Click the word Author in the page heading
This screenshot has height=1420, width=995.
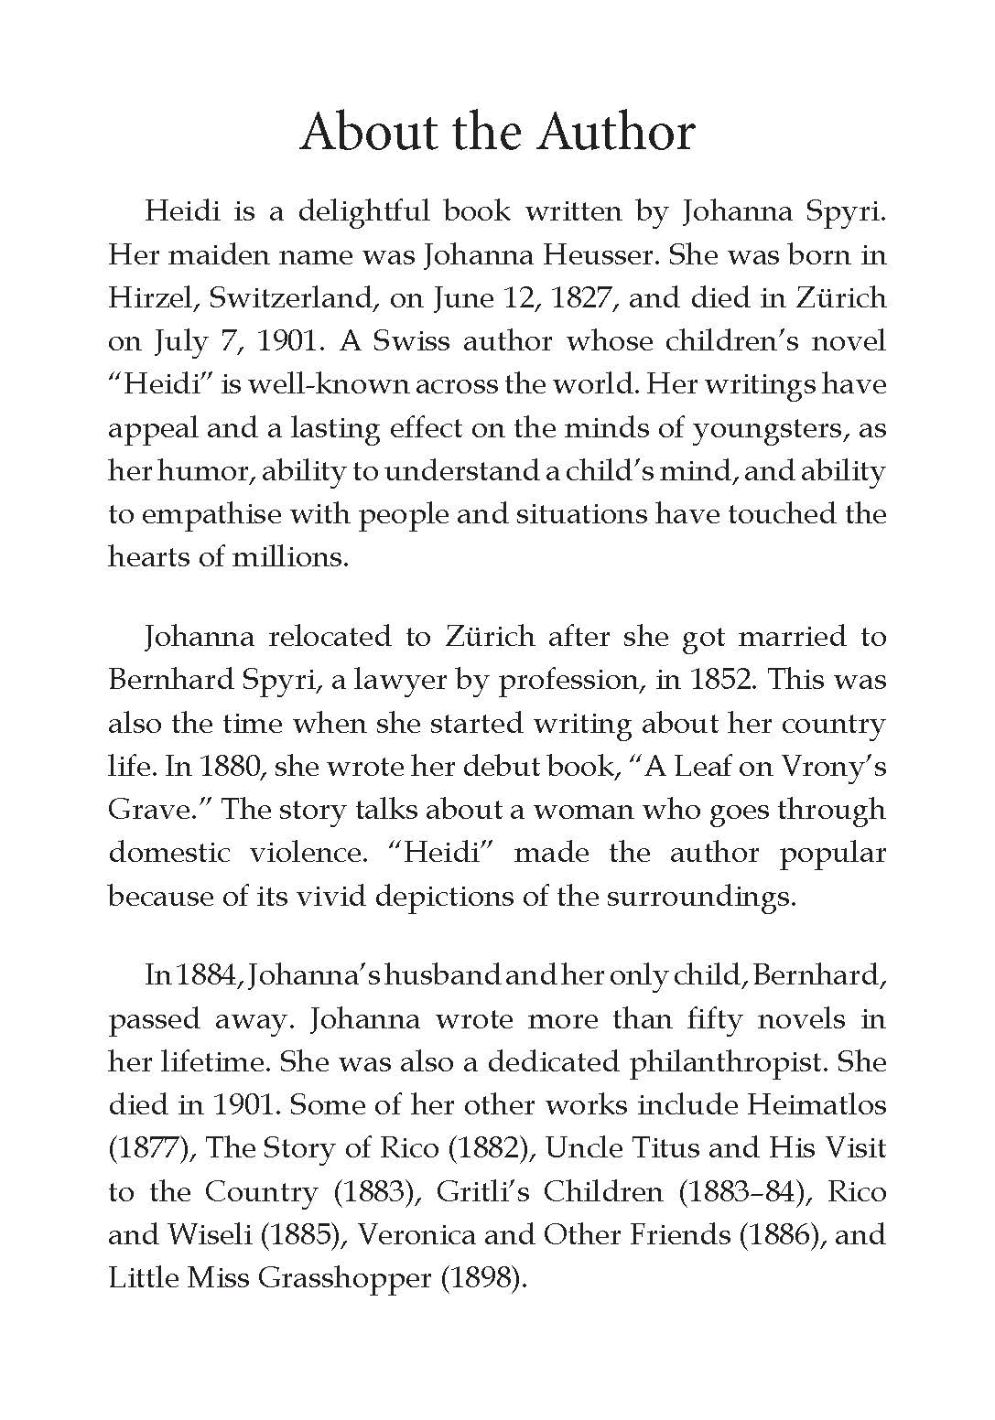click(x=616, y=132)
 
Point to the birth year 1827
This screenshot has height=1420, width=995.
click(x=580, y=298)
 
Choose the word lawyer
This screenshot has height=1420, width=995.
click(x=345, y=680)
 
